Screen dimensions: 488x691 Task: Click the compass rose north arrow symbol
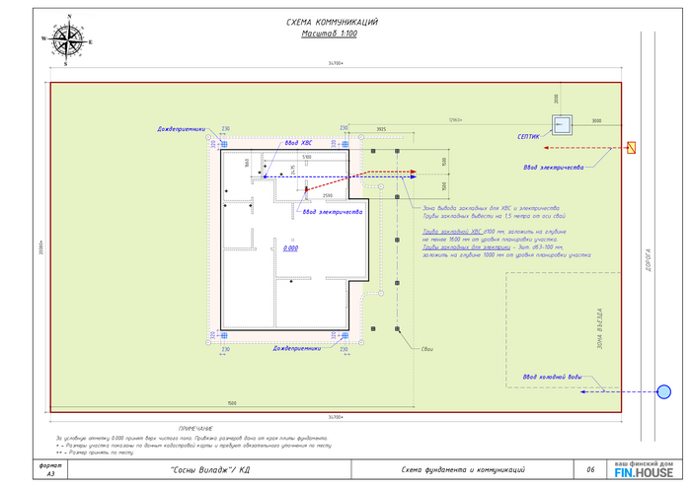(x=67, y=39)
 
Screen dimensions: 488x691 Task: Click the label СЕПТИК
(x=528, y=137)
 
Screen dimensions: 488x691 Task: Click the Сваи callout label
(x=427, y=350)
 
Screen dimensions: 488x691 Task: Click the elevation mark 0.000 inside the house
(x=290, y=248)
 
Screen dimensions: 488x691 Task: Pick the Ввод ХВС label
(x=299, y=144)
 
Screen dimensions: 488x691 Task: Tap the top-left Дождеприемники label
(x=181, y=129)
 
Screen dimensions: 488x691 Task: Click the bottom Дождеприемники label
(x=297, y=348)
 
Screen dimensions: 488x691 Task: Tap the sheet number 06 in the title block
(x=589, y=469)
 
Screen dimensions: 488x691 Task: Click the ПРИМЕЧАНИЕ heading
(x=195, y=428)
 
